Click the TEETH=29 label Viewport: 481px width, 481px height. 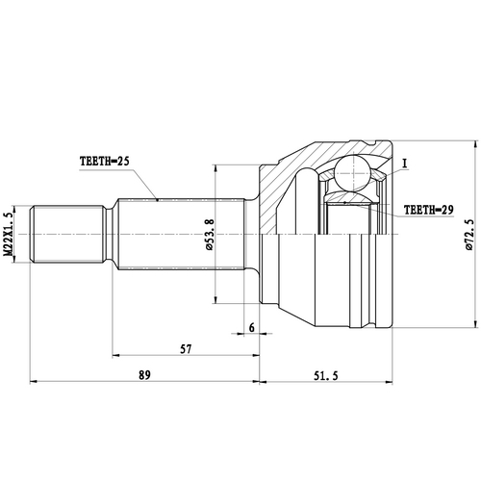pyautogui.click(x=427, y=208)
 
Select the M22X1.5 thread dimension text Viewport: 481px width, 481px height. pyautogui.click(x=9, y=234)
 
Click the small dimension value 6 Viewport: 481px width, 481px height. pyautogui.click(x=251, y=328)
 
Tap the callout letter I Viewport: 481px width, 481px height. pyautogui.click(x=407, y=164)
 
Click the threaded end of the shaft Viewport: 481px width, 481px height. pyautogui.click(x=67, y=234)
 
